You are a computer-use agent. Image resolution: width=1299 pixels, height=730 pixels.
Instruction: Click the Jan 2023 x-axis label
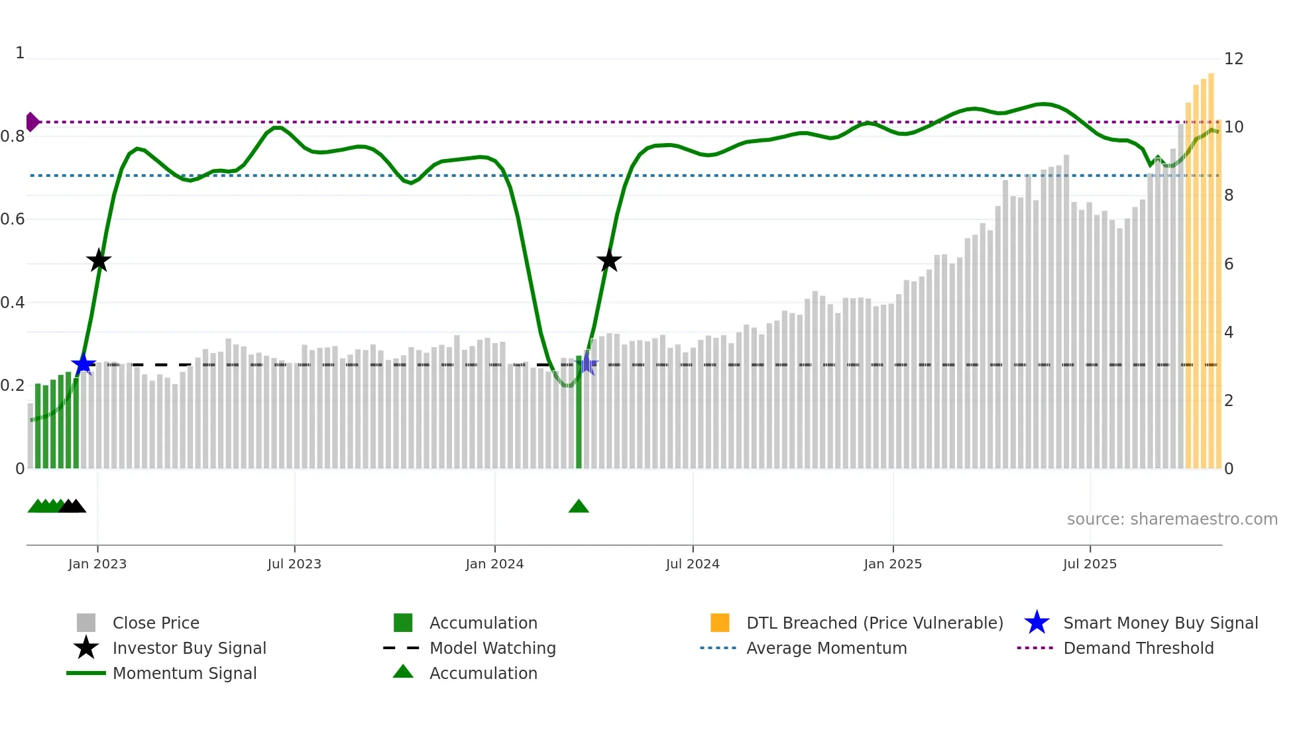tap(97, 564)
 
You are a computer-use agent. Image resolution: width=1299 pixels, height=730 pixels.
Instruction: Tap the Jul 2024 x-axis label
tap(693, 564)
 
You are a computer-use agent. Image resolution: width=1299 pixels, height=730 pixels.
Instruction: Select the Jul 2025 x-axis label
tap(1090, 564)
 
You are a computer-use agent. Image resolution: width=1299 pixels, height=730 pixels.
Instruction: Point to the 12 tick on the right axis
tap(1233, 59)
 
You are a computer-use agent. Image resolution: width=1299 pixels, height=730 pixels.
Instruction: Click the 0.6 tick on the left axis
tap(13, 219)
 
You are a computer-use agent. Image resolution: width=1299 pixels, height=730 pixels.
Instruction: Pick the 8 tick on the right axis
tap(1229, 195)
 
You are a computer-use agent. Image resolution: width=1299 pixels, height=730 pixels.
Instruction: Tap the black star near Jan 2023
tap(99, 261)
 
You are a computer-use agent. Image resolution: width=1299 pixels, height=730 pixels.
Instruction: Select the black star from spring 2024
tap(609, 261)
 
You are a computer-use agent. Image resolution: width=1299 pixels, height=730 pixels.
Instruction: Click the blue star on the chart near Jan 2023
tap(84, 364)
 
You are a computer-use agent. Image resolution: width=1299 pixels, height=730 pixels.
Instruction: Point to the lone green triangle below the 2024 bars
tap(579, 507)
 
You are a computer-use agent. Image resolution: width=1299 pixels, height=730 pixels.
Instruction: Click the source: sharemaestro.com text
tap(1172, 519)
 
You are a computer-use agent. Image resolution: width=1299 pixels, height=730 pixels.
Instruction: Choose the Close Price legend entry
tap(155, 623)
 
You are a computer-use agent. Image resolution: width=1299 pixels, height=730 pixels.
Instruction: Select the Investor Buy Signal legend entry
tap(189, 649)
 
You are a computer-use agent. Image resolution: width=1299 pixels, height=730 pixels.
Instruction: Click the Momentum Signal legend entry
tap(184, 674)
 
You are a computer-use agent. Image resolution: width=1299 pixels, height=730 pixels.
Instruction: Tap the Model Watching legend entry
tap(492, 649)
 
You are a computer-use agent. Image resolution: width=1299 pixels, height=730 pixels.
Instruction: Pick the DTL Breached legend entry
tap(874, 623)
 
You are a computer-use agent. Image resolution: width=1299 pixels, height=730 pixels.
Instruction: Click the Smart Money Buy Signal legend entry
tap(1160, 623)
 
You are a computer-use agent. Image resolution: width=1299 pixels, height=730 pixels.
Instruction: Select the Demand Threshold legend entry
tap(1138, 649)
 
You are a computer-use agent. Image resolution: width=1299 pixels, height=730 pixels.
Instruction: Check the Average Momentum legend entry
tap(826, 649)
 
